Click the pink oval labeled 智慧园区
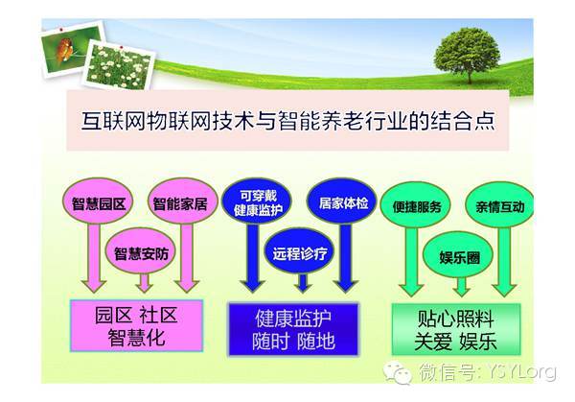(x=98, y=201)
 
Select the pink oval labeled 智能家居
(x=182, y=201)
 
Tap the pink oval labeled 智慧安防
(x=141, y=251)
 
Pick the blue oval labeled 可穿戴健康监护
(x=258, y=201)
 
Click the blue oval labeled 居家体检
(x=342, y=201)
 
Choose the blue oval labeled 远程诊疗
(x=300, y=251)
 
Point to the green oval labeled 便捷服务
(x=416, y=205)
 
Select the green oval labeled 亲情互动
(x=500, y=205)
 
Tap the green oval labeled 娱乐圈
(x=458, y=255)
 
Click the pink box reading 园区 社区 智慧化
(x=136, y=325)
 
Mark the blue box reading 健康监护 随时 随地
(x=293, y=329)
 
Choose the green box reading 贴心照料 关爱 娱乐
(x=456, y=329)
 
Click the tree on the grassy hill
(x=467, y=55)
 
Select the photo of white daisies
(x=119, y=66)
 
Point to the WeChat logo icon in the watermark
(x=397, y=372)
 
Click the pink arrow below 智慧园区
(x=94, y=258)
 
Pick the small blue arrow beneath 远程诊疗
(x=303, y=283)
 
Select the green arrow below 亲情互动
(x=504, y=262)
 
